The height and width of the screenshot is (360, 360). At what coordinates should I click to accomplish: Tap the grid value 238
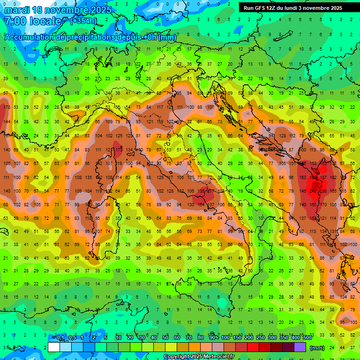point(323,191)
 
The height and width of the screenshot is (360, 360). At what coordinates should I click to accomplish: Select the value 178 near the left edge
point(6,107)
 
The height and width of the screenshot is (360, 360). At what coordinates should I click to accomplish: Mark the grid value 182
point(333,178)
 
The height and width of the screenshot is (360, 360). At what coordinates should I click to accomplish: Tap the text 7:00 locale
point(33,21)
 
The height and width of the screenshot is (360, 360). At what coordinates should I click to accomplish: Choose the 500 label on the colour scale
point(307,338)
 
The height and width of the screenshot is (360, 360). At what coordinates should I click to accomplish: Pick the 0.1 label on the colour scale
point(60,338)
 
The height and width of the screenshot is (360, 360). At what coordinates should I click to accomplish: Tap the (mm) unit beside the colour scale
point(317,348)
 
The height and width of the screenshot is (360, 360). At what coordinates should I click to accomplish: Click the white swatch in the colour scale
point(53,347)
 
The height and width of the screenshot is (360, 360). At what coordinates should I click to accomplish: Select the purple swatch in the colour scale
point(300,347)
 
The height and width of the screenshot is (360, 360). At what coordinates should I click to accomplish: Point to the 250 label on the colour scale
point(261,338)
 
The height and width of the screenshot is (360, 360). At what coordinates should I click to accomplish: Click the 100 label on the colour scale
point(225,338)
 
